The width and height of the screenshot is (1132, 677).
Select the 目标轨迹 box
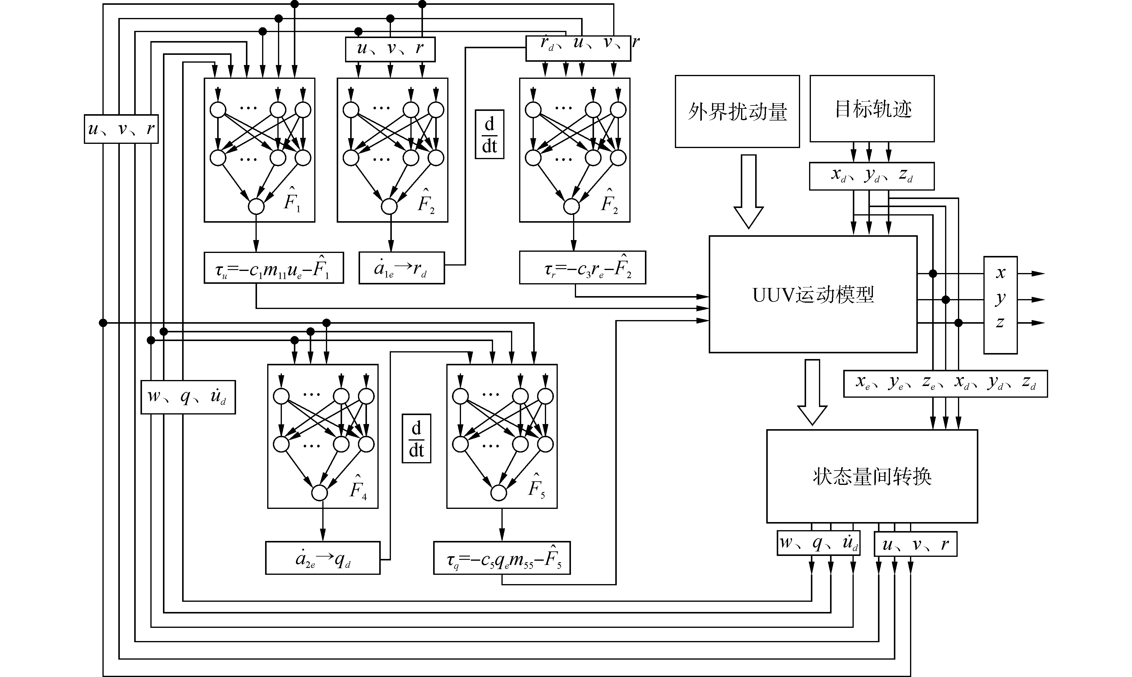tap(872, 108)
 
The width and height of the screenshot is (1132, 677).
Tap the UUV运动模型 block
tap(813, 294)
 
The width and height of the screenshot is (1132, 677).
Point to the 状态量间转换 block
tap(872, 476)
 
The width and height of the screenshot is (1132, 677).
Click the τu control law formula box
tap(273, 268)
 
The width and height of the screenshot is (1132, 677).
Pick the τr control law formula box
tap(582, 268)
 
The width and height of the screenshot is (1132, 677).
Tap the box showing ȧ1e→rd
tap(401, 268)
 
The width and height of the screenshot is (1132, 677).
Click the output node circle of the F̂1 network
tap(256, 206)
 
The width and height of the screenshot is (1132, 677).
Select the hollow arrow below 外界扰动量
tap(749, 192)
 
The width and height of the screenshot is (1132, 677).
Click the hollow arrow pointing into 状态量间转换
tap(812, 392)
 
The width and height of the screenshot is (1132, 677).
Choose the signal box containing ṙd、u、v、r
tap(578, 48)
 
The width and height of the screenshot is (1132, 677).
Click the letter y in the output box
tap(1000, 298)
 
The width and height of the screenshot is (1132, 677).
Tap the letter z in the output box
tap(1000, 322)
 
